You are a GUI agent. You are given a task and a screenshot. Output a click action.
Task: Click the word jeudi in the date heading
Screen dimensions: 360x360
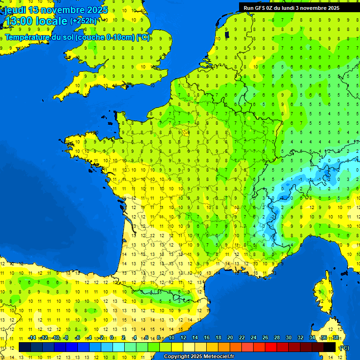[15, 10]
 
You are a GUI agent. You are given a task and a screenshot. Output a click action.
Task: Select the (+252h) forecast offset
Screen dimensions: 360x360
[83, 21]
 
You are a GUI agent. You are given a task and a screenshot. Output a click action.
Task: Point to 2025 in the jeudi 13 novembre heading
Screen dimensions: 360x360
[97, 10]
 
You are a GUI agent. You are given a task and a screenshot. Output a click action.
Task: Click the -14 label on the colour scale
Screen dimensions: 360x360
[32, 338]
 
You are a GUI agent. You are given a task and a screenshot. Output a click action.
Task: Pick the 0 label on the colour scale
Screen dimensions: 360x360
[111, 338]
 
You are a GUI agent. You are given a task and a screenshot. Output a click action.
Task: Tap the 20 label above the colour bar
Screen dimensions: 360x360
[230, 338]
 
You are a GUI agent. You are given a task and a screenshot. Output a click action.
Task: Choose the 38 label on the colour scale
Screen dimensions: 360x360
[336, 338]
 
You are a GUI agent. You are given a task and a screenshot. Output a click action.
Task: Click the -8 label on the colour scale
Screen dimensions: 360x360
[67, 338]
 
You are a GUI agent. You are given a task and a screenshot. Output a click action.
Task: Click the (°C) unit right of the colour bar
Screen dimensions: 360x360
[344, 348]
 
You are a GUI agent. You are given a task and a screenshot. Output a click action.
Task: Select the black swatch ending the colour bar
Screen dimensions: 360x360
[330, 347]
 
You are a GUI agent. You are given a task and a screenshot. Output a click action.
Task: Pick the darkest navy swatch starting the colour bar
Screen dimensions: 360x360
[25, 347]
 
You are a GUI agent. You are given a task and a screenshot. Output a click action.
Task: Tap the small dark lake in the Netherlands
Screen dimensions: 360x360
[227, 34]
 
